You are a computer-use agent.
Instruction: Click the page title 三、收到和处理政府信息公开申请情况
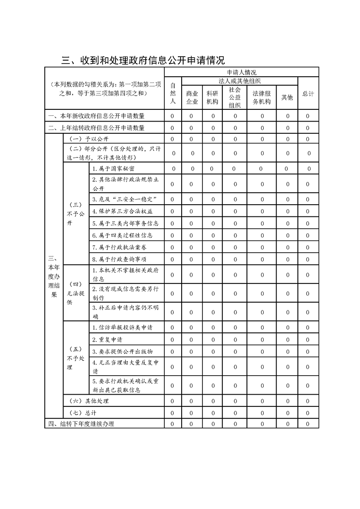[x=143, y=60]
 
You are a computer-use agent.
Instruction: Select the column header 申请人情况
[x=241, y=72]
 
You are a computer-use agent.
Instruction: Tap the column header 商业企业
[x=192, y=97]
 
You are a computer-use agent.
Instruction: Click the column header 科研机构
[x=212, y=97]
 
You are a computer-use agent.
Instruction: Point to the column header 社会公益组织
[x=235, y=97]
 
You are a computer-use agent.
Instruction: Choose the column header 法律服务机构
[x=261, y=97]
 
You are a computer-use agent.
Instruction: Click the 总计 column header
[x=308, y=93]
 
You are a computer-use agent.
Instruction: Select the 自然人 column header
[x=173, y=93]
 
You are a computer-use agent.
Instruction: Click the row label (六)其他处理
[x=89, y=401]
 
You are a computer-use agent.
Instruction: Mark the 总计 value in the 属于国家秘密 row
[x=309, y=169]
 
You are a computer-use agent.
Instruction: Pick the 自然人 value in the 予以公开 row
[x=173, y=139]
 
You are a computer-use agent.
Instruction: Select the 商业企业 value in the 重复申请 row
[x=192, y=339]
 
